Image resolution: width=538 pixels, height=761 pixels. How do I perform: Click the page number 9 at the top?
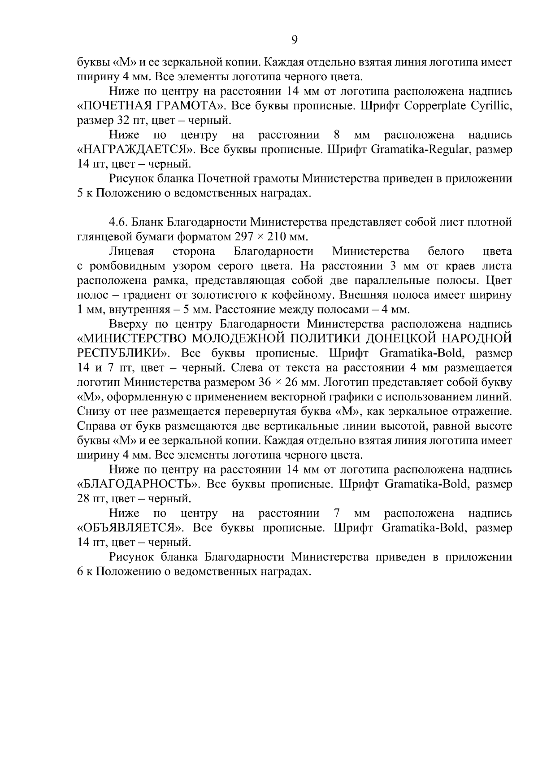click(x=294, y=40)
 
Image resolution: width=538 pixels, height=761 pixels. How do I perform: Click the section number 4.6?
click(x=117, y=222)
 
